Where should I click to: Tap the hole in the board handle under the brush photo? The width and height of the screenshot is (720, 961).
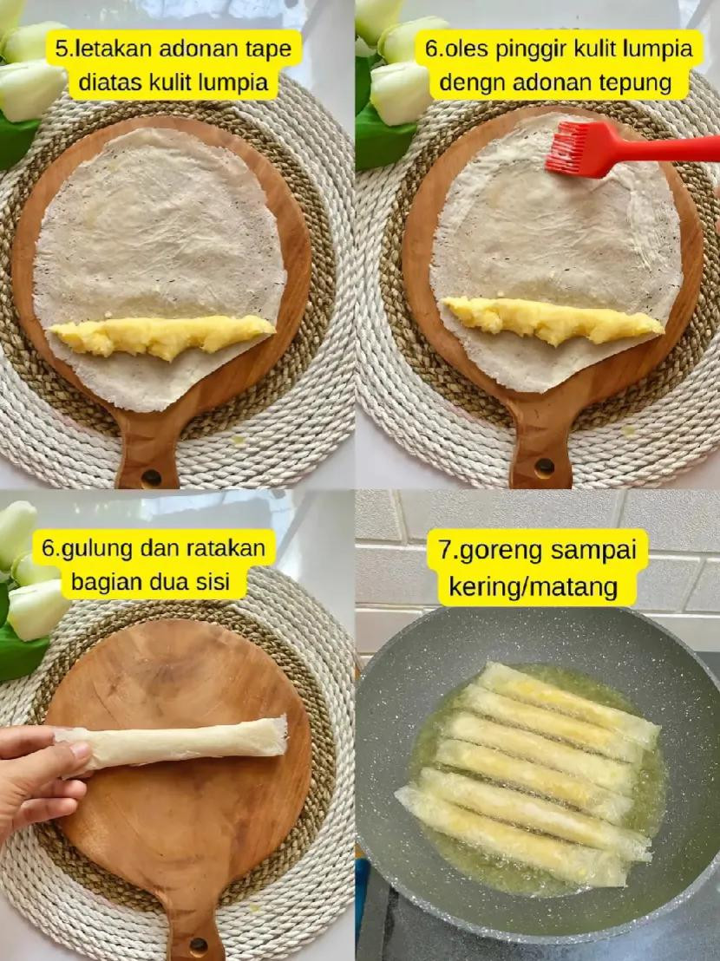point(545,467)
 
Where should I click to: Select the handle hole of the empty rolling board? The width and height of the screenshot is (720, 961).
point(199,945)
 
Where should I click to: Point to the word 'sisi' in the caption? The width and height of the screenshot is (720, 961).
point(211,582)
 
